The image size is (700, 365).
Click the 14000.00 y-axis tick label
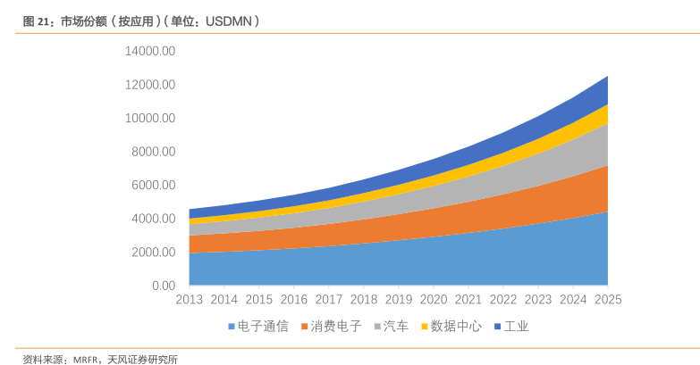(150, 51)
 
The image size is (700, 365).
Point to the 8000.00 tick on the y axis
(153, 152)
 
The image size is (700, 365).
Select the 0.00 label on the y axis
(163, 286)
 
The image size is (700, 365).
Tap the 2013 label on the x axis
(190, 300)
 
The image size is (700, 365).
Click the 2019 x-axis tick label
(399, 300)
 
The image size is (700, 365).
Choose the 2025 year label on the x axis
(607, 300)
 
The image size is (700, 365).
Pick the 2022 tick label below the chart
(503, 300)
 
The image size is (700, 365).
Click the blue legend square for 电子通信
(231, 328)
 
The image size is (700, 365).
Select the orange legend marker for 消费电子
(305, 328)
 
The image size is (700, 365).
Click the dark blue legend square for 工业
(498, 328)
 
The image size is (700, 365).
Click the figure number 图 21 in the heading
(36, 21)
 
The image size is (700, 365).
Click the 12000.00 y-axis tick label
(150, 85)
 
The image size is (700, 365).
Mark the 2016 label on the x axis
(294, 300)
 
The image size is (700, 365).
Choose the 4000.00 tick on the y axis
(153, 219)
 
